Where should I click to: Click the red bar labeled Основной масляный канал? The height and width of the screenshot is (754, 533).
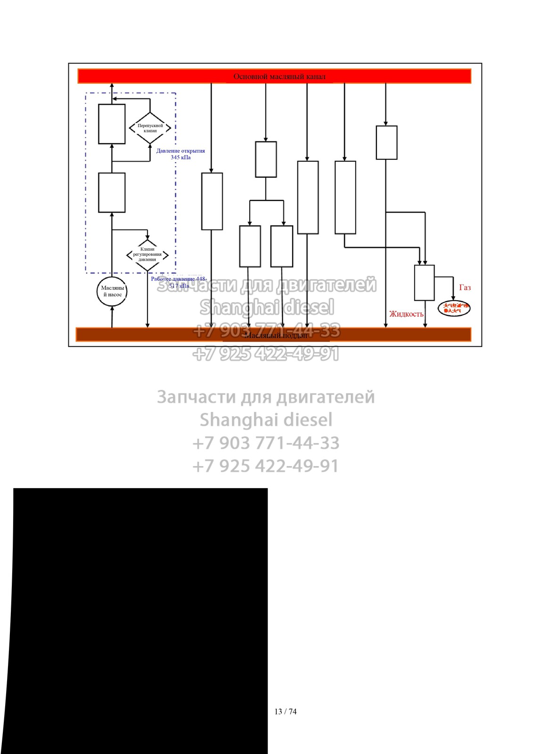pyautogui.click(x=274, y=76)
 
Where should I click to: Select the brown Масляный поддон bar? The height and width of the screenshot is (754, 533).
pyautogui.click(x=273, y=335)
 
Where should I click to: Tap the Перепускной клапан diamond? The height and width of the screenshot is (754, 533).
pyautogui.click(x=150, y=128)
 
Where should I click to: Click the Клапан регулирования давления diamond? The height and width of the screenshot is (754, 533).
pyautogui.click(x=148, y=254)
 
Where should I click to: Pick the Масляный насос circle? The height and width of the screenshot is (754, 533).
pyautogui.click(x=112, y=291)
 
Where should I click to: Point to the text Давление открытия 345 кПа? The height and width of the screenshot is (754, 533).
pyautogui.click(x=180, y=154)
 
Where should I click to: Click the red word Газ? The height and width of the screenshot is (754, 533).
pyautogui.click(x=465, y=287)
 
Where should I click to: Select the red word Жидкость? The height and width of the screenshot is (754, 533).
pyautogui.click(x=406, y=314)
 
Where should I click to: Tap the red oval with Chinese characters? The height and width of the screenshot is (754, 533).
pyautogui.click(x=454, y=308)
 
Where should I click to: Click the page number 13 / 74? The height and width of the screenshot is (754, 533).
pyautogui.click(x=285, y=712)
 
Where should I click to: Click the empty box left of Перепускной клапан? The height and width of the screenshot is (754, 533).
pyautogui.click(x=112, y=124)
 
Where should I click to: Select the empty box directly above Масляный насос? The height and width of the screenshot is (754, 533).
pyautogui.click(x=112, y=193)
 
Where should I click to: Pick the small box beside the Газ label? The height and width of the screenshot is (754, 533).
pyautogui.click(x=424, y=283)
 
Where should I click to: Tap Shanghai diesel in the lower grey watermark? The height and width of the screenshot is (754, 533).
pyautogui.click(x=266, y=420)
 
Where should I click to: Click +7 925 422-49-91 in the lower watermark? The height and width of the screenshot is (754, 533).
pyautogui.click(x=266, y=466)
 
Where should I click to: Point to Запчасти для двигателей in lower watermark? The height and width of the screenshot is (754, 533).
pyautogui.click(x=266, y=397)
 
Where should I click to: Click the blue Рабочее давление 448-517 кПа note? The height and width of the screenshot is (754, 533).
pyautogui.click(x=179, y=282)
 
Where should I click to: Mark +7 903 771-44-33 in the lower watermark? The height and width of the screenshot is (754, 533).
pyautogui.click(x=266, y=443)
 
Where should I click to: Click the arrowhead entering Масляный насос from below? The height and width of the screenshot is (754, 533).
pyautogui.click(x=112, y=308)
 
